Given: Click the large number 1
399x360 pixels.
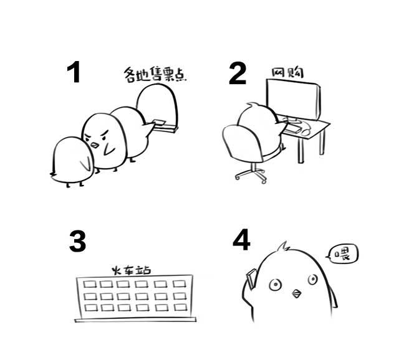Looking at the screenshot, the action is [74, 72].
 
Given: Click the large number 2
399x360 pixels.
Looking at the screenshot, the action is [238, 73].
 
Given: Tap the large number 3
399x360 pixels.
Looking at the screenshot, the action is [77, 241].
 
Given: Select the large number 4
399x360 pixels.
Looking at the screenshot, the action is [241, 239].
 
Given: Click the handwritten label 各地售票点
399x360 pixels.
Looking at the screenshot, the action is [155, 74].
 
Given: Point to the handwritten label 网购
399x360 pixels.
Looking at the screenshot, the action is [288, 73].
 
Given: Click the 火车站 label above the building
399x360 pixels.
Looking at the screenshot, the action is [132, 270].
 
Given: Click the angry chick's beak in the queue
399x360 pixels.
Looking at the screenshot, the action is [94, 145].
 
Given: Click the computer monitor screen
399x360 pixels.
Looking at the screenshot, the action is [292, 99].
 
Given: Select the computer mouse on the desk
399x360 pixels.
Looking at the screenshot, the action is [306, 131].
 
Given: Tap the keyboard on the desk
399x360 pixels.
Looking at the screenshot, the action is [292, 129].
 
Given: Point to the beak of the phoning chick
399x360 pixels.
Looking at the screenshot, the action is [297, 293].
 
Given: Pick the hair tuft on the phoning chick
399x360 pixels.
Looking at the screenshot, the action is [283, 247].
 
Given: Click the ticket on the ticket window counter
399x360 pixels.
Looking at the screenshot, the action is [160, 122].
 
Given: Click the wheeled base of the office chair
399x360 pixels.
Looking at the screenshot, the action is [251, 173].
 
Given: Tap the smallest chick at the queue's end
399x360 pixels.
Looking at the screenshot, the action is [72, 161].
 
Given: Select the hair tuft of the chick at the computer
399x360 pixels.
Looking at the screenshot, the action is [252, 105].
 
